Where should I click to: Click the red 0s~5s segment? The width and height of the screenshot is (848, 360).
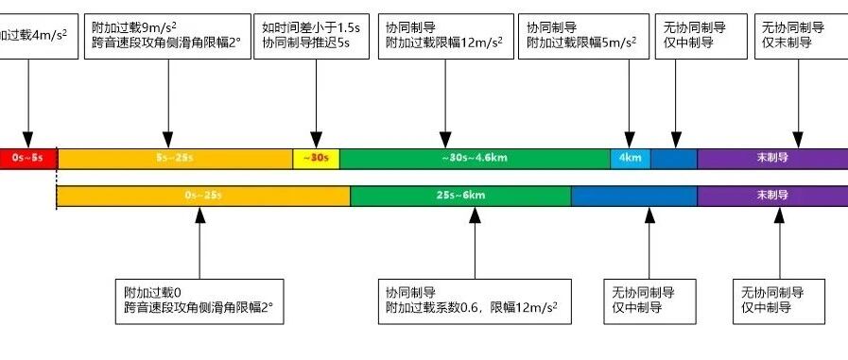pos(28,159)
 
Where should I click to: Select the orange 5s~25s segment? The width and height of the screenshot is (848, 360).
pos(175,159)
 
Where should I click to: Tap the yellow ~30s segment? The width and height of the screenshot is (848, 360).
pos(317,159)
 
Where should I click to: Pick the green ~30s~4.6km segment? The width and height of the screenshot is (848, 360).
pos(475,159)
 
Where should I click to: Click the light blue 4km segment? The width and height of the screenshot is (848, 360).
pos(631,159)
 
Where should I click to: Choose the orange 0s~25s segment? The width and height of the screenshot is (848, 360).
pos(203,196)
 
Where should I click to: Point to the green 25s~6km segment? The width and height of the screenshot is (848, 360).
pos(460,196)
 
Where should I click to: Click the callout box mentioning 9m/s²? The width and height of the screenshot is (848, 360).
pos(167,36)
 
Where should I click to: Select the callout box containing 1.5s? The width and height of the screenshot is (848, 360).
pos(316,36)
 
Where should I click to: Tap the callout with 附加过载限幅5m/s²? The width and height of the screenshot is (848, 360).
pos(583,36)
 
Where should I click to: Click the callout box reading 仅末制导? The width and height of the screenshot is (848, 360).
pos(798,36)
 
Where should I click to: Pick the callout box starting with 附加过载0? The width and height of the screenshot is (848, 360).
pos(199,301)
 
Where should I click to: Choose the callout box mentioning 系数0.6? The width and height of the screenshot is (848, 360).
pos(475,301)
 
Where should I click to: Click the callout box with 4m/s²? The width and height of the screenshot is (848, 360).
pos(39,36)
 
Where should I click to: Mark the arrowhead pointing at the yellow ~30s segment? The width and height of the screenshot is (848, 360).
pos(316,140)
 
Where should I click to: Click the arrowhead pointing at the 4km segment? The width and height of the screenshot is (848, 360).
pos(630,140)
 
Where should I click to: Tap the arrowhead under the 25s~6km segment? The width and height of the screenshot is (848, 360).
pos(475,215)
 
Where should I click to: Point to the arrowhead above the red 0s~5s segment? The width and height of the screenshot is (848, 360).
pos(27,140)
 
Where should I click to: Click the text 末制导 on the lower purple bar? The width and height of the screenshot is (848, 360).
pos(772,196)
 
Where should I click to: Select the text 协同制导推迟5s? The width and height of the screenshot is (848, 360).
pos(306,43)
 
